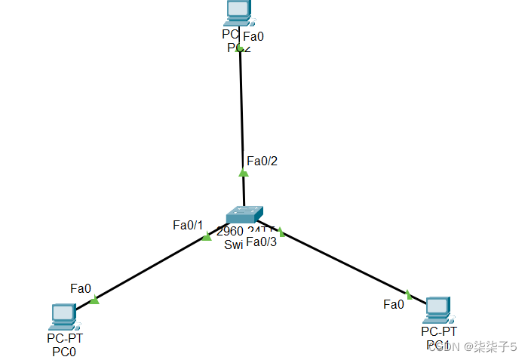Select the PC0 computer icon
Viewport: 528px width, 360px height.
(x=64, y=316)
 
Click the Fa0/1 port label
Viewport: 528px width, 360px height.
(x=188, y=225)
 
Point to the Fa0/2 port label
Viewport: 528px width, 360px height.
(x=262, y=161)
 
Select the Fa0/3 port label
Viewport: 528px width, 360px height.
(x=262, y=242)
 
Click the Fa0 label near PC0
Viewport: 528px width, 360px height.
(x=81, y=288)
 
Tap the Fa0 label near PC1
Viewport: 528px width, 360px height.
(x=394, y=304)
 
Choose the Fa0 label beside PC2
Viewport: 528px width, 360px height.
(x=253, y=35)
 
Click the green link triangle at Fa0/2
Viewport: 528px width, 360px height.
(x=243, y=173)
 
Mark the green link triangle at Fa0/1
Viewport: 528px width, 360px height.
(x=207, y=237)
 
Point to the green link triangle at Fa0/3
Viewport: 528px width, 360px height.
(x=280, y=231)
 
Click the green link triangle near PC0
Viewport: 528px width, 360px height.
(x=94, y=300)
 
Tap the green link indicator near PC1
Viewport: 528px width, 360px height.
(x=408, y=294)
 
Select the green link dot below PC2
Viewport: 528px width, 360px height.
(x=240, y=48)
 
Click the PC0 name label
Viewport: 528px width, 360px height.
(x=64, y=351)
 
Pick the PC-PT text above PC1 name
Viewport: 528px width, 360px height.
(x=439, y=331)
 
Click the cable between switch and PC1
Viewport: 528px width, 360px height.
(x=343, y=261)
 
